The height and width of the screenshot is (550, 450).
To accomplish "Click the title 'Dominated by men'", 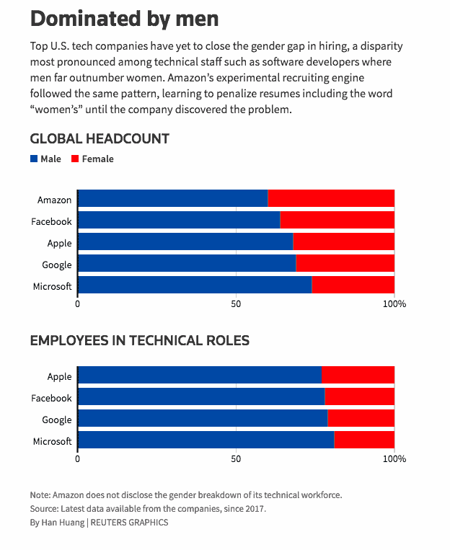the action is [x=125, y=19].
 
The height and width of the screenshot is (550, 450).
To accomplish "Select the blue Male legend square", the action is [x=34, y=159].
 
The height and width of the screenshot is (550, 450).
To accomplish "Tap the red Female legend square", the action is [x=75, y=159].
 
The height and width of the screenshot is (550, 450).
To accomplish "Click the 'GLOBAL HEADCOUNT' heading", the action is [x=100, y=139].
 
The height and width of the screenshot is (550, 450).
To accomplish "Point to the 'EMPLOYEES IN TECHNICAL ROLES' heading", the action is [x=140, y=340].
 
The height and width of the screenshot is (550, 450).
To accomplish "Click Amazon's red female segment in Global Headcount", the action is [x=331, y=198].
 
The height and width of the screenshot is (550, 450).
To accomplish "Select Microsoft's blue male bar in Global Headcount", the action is [x=195, y=285].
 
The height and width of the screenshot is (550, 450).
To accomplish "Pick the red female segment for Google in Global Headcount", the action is [x=345, y=263].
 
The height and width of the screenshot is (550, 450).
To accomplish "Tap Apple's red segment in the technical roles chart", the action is [x=358, y=375].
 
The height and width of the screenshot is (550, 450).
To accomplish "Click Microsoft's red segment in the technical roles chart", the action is [x=364, y=440].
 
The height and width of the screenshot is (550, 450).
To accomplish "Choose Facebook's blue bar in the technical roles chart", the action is [x=201, y=396].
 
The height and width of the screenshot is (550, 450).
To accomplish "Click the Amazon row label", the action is [x=54, y=200].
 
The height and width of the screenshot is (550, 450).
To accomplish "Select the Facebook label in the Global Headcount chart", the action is [x=51, y=222].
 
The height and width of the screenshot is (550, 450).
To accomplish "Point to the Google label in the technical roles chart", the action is [x=57, y=420].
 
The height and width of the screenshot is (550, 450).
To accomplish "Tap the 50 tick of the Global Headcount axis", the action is [x=236, y=303].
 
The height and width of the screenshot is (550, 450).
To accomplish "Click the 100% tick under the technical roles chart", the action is [x=394, y=458].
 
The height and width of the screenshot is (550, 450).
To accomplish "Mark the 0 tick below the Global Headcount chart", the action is [x=78, y=303].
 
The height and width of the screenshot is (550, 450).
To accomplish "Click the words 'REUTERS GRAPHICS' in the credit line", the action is [x=130, y=523].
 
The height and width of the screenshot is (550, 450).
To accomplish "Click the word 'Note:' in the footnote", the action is [x=40, y=495].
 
